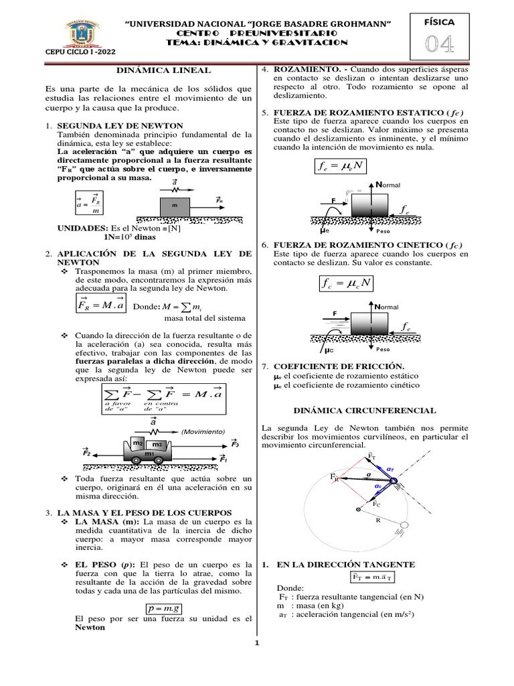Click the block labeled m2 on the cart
pos(139,443)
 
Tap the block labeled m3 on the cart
pos(158,445)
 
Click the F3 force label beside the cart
pos(234,443)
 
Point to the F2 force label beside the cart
pos(86,454)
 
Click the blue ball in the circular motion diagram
pos(394,481)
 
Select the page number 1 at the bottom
pos(256,644)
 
